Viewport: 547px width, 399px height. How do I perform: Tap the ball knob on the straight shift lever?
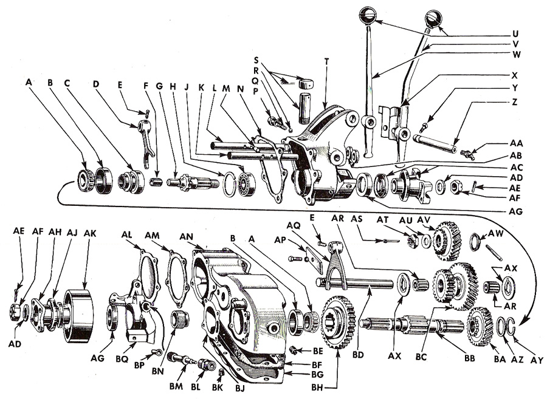[x=369, y=13]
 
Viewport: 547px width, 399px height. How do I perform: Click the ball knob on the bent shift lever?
[x=433, y=18]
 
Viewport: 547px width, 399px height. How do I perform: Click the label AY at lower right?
[x=536, y=360]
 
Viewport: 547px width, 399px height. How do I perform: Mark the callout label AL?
[x=127, y=233]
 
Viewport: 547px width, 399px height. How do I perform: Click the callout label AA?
[x=515, y=143]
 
